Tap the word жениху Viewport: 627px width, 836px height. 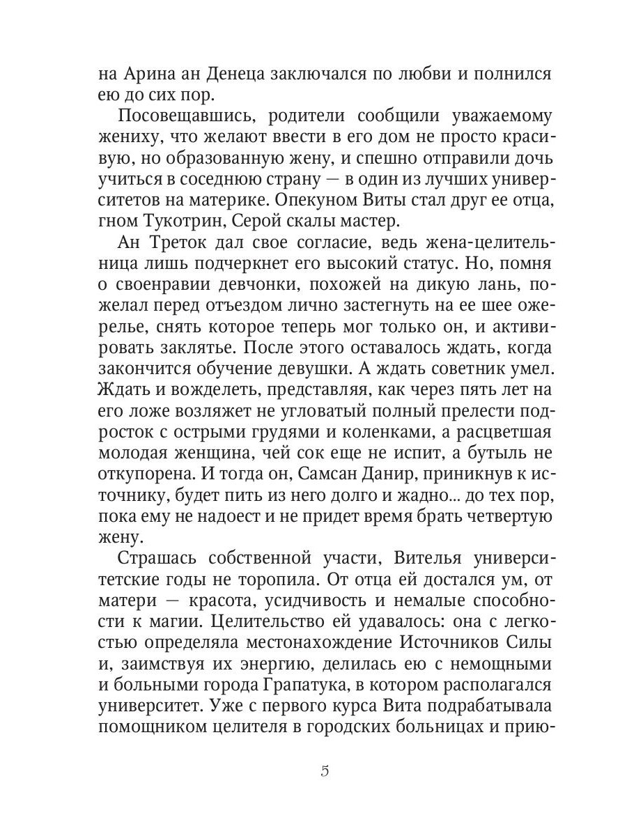(129, 137)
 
